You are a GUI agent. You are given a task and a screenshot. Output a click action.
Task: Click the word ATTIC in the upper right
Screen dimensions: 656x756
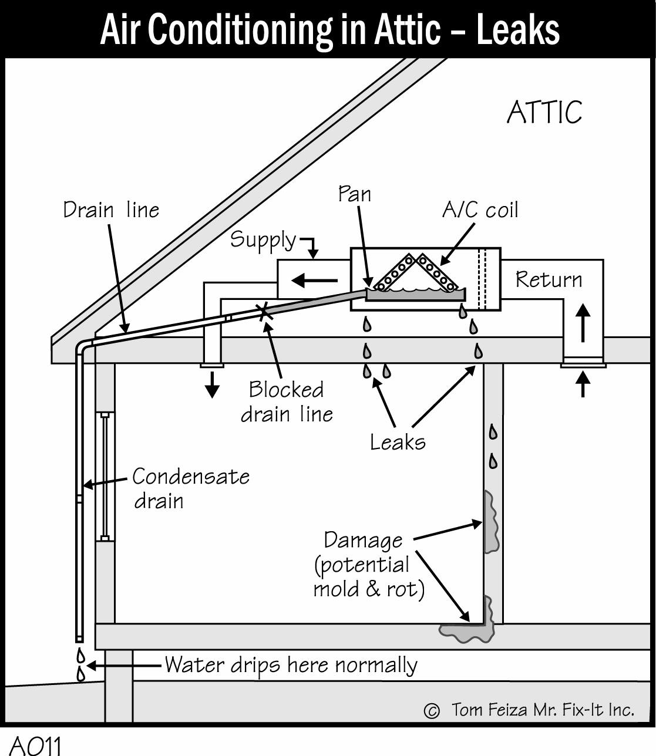544,112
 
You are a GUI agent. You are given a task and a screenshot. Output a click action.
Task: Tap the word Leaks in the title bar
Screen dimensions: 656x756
518,30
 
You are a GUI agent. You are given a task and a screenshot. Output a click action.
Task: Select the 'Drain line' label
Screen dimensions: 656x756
111,210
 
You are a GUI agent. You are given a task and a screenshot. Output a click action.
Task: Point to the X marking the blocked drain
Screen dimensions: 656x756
264,312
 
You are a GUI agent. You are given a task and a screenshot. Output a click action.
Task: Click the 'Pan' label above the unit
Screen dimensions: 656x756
354,194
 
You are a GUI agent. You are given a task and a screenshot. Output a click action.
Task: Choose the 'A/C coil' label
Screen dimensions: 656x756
480,210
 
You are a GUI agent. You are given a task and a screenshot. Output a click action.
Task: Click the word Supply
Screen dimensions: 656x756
263,241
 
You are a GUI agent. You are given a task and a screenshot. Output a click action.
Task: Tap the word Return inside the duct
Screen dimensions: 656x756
549,280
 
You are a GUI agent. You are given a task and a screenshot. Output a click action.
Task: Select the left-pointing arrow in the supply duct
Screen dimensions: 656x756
314,281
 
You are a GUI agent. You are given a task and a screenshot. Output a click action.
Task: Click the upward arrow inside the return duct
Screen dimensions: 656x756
583,323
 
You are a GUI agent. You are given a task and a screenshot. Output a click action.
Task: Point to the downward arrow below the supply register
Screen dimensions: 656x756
212,384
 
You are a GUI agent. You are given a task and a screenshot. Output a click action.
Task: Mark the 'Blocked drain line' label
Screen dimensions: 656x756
287,401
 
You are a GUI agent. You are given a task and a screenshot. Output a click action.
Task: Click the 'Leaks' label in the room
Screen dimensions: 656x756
398,443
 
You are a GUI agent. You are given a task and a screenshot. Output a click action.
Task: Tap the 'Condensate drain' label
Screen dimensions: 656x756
191,488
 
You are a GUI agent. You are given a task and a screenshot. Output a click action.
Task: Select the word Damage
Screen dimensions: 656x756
364,541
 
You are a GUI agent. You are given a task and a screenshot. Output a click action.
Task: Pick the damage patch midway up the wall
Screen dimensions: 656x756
492,521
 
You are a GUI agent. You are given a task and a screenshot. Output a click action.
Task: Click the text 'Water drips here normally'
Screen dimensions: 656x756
291,666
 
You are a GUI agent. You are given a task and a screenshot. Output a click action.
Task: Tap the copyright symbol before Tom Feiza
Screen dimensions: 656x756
432,710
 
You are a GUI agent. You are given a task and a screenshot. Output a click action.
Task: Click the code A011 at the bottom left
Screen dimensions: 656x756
35,745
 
